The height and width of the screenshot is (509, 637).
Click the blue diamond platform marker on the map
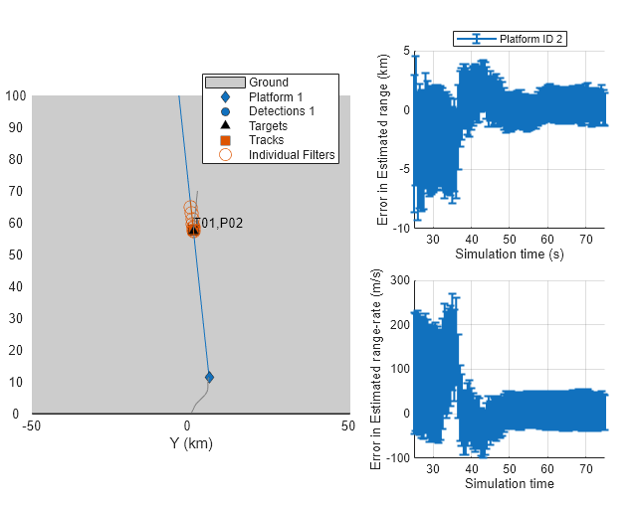click(x=209, y=377)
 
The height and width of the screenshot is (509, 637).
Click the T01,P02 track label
click(x=218, y=224)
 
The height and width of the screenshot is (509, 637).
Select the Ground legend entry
click(x=268, y=83)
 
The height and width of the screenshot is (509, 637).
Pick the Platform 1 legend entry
click(x=276, y=97)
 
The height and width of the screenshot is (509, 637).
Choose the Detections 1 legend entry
click(x=281, y=111)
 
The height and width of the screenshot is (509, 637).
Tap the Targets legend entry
click(x=268, y=126)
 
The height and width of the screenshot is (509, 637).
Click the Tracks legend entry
click(x=266, y=140)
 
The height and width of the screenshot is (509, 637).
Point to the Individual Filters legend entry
click(x=292, y=155)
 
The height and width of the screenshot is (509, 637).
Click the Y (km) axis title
click(x=191, y=443)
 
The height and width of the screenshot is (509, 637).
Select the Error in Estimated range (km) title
click(x=383, y=138)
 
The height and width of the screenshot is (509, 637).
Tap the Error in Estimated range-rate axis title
click(x=375, y=369)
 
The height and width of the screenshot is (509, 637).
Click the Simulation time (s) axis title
click(x=509, y=254)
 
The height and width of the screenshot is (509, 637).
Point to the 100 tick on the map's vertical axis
click(x=16, y=96)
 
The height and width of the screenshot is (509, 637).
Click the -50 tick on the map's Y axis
click(x=33, y=426)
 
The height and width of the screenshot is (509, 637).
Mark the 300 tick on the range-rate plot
click(x=399, y=281)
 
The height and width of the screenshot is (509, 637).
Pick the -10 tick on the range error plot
click(x=401, y=228)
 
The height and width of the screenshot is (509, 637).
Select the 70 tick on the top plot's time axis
click(x=586, y=240)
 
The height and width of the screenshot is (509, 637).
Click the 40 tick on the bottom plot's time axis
click(x=470, y=470)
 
